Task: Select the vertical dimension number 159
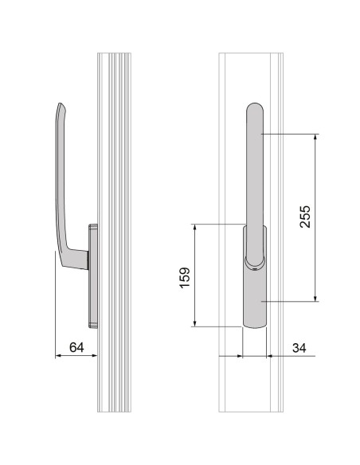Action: click(183, 275)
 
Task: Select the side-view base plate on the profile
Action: click(93, 275)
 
